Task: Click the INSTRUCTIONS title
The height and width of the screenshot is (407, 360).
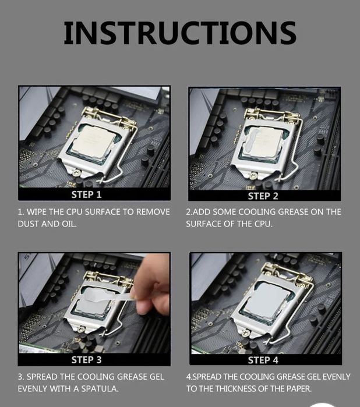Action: tap(180, 33)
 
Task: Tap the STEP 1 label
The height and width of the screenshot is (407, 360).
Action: tap(86, 194)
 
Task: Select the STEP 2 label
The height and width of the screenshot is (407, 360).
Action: tap(263, 196)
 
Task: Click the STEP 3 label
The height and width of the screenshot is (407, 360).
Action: tap(86, 360)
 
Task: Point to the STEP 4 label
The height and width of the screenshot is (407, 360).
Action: tap(263, 360)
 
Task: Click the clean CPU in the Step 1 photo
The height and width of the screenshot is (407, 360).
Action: tap(92, 141)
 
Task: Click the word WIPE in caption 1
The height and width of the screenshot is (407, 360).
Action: tap(37, 212)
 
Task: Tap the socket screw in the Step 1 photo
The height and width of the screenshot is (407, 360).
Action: tap(77, 172)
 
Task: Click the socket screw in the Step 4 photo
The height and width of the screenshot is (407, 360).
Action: tap(246, 332)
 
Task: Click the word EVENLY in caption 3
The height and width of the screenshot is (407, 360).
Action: tap(33, 388)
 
